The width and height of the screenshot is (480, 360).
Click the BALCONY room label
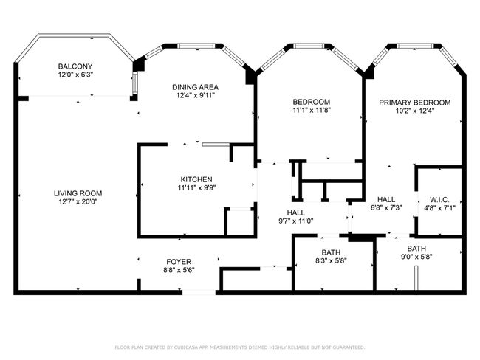tap(75, 66)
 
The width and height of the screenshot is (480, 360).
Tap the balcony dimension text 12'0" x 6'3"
tap(75, 75)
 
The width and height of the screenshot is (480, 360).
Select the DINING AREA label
tap(195, 87)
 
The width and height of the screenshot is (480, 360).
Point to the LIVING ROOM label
tap(78, 193)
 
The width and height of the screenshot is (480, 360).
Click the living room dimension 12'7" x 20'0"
tap(78, 201)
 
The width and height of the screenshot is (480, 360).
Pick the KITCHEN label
tap(196, 179)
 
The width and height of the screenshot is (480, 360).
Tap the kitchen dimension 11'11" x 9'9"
tap(197, 188)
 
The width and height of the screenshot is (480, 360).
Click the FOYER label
tap(179, 262)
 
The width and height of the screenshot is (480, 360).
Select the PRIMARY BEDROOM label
tap(415, 103)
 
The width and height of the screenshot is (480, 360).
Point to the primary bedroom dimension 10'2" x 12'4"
tap(415, 111)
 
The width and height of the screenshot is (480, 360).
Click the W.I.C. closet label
tap(439, 200)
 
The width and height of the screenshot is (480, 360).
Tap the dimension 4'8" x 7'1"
tap(439, 208)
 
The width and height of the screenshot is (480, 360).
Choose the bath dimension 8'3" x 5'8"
tap(331, 260)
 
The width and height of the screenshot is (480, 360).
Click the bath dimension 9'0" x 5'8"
tap(416, 257)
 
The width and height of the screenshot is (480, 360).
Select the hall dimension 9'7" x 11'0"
tap(295, 221)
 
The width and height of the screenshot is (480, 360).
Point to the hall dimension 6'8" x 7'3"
tap(386, 208)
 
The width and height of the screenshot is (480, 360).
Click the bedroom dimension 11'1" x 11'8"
tap(312, 110)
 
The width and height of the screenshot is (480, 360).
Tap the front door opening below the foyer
tap(199, 292)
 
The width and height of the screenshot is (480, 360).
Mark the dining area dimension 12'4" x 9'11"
tap(195, 95)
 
